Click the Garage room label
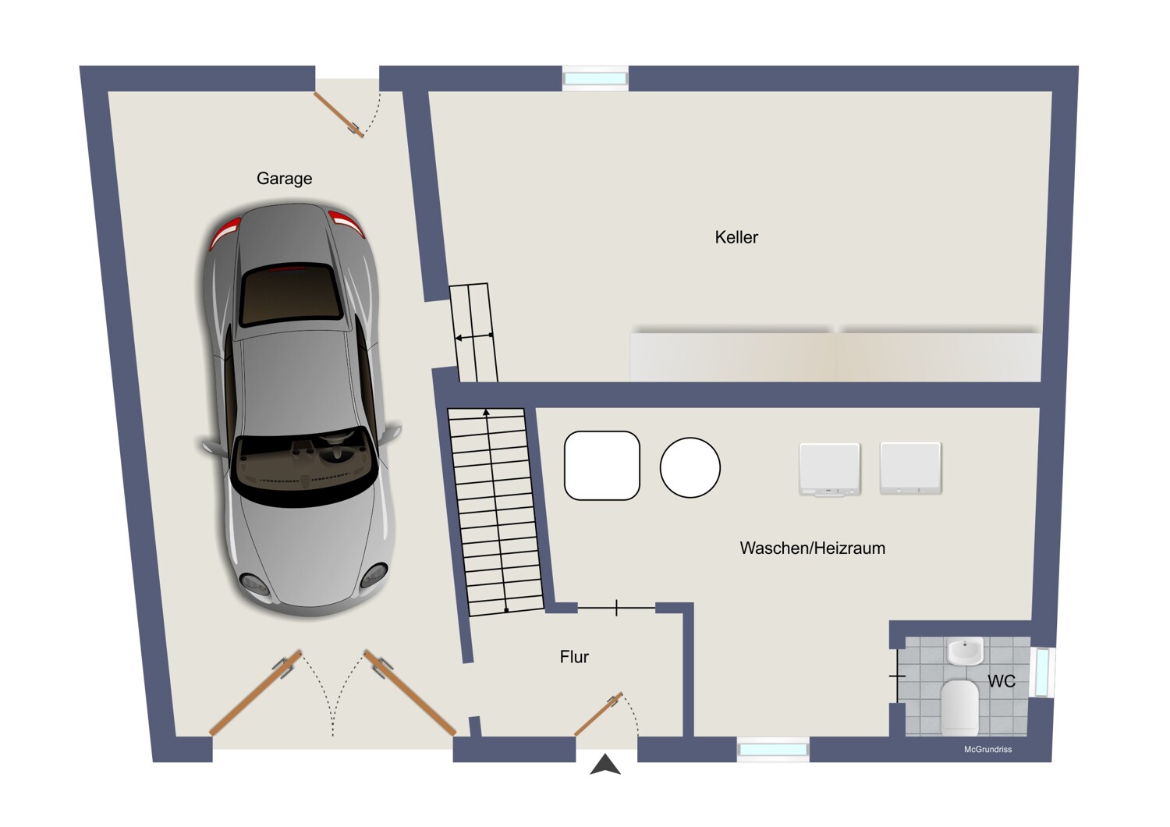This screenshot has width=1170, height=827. coord(284,179)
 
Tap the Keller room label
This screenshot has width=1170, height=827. coord(736,237)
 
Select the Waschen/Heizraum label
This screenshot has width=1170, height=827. coord(812,548)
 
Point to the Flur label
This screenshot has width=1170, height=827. coord(574,657)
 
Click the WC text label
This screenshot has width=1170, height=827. coord(1002,681)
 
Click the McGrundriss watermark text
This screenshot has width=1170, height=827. coord(987,750)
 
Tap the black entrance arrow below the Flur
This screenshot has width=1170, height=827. coord(605,765)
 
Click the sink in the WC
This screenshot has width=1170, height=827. coord(965,651)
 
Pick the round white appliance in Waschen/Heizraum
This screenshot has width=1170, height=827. coord(690,467)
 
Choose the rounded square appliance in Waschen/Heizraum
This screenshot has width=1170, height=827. coord(601,466)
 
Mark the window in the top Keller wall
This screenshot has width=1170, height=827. coord(595,78)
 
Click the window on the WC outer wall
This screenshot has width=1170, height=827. coord(1042,672)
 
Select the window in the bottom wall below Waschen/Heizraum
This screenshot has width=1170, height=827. coord(773,750)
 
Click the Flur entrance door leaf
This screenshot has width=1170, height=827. coord(598,714)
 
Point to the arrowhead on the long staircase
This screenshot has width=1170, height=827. coord(487,411)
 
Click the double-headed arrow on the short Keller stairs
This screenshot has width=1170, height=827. coord(474,337)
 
